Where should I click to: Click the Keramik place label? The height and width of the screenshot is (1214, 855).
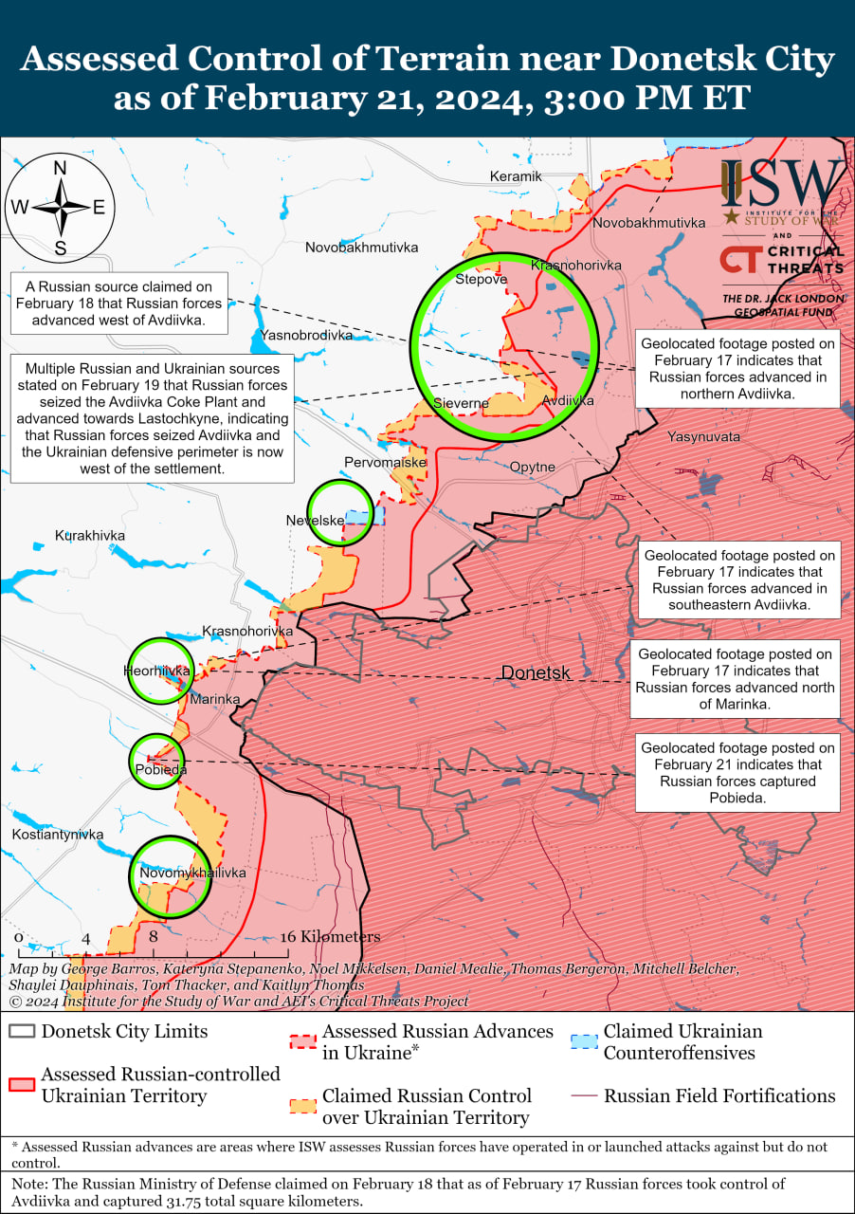pyautogui.click(x=516, y=176)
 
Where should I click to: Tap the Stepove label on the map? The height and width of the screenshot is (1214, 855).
pyautogui.click(x=482, y=279)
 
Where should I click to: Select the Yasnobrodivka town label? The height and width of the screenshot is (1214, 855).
pyautogui.click(x=306, y=335)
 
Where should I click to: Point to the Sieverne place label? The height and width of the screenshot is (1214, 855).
pyautogui.click(x=461, y=403)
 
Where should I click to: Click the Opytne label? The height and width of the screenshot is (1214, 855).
pyautogui.click(x=532, y=467)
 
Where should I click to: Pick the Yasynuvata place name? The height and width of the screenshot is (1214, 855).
pyautogui.click(x=703, y=437)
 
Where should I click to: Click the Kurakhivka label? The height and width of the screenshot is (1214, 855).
pyautogui.click(x=90, y=536)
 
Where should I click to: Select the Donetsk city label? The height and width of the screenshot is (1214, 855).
pyautogui.click(x=536, y=672)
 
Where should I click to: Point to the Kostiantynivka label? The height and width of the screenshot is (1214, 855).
pyautogui.click(x=58, y=835)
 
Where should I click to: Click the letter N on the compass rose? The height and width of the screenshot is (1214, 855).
pyautogui.click(x=60, y=168)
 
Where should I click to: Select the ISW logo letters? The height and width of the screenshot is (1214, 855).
pyautogui.click(x=782, y=185)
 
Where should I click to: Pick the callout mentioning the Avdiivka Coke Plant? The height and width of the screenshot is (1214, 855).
pyautogui.click(x=153, y=418)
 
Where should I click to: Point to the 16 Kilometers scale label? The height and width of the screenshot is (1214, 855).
pyautogui.click(x=329, y=936)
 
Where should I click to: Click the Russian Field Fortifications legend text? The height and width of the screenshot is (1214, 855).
pyautogui.click(x=719, y=1095)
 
